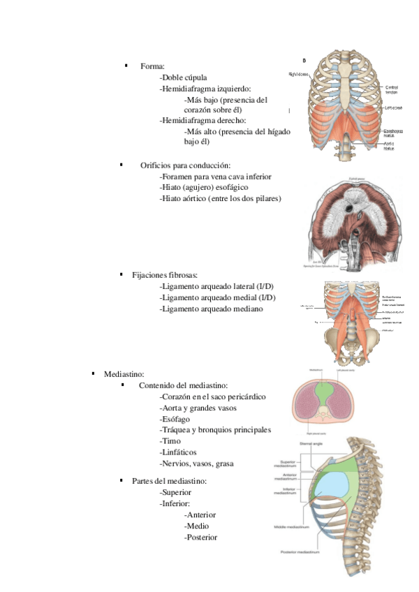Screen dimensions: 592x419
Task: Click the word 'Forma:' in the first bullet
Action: pos(152,66)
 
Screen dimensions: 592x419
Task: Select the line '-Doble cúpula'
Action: pos(183,77)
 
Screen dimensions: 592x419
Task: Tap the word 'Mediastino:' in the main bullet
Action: pos(124,374)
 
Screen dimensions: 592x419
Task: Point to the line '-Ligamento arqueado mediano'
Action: pos(212,309)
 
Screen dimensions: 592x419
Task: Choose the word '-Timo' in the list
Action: pos(170,441)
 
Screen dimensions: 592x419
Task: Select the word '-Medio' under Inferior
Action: pos(196,526)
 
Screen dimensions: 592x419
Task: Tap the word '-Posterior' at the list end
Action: pos(200,537)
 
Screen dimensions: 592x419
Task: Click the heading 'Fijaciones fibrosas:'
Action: pos(165,275)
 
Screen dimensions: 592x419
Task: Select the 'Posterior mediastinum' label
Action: pos(300,552)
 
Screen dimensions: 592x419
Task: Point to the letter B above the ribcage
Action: pos(303,61)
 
